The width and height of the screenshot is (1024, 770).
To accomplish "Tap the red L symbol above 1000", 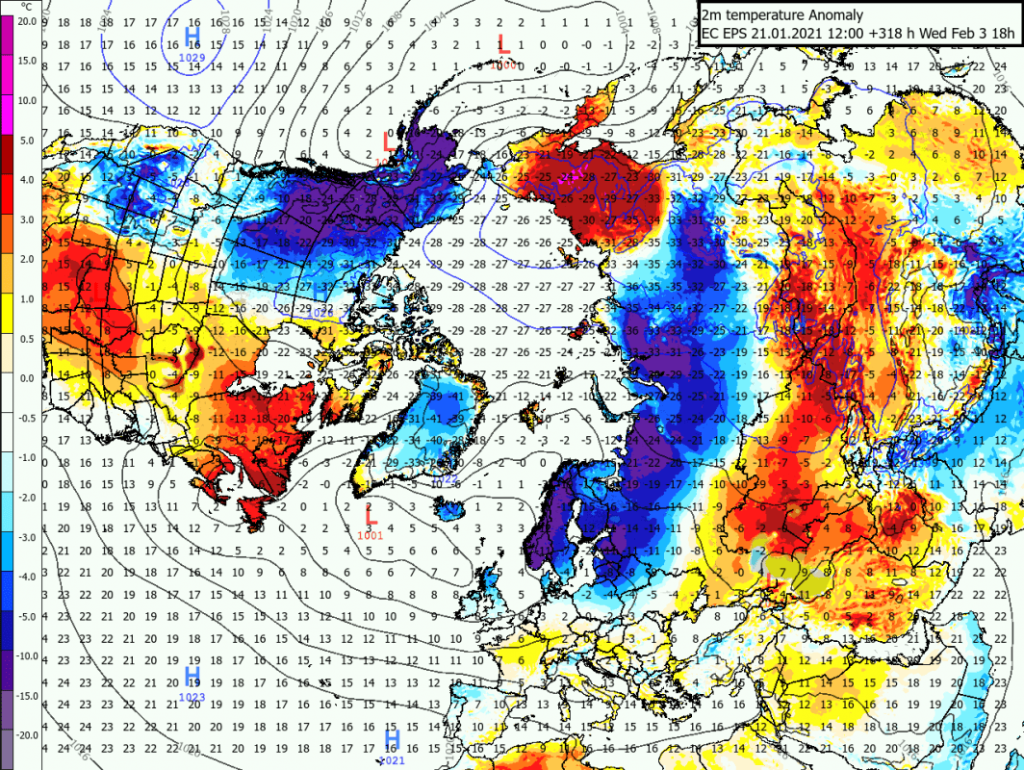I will click(x=502, y=43).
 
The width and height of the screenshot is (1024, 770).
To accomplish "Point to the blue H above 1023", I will click(x=192, y=676).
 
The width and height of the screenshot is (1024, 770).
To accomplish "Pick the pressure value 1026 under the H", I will click(x=322, y=314).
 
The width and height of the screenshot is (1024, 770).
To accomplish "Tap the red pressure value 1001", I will click(x=371, y=535).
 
